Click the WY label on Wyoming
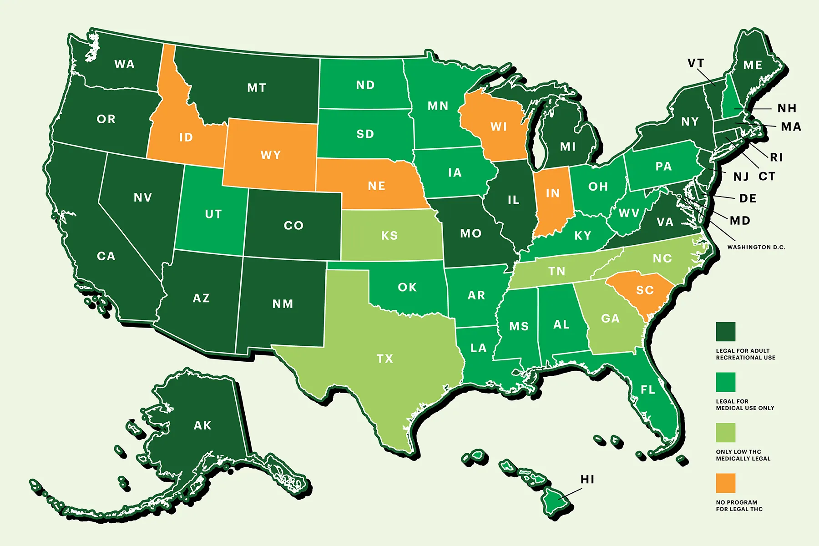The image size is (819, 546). (271, 155)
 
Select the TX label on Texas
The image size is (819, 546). (384, 359)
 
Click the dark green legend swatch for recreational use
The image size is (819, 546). (725, 332)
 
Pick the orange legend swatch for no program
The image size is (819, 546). (725, 483)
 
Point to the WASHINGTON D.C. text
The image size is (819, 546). (756, 247)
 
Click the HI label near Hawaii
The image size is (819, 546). (587, 479)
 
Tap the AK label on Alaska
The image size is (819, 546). (202, 425)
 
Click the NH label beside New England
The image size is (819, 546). (787, 108)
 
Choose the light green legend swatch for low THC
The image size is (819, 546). (725, 433)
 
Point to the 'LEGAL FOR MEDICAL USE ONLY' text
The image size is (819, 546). (745, 404)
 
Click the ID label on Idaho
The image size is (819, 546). (186, 137)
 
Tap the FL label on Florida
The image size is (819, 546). (648, 389)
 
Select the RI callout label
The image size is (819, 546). (776, 157)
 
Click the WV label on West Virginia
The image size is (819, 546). (629, 213)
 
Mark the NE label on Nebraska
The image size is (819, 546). (376, 186)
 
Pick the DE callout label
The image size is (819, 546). (748, 198)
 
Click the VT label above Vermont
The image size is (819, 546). (695, 63)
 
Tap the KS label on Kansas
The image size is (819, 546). (389, 235)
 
